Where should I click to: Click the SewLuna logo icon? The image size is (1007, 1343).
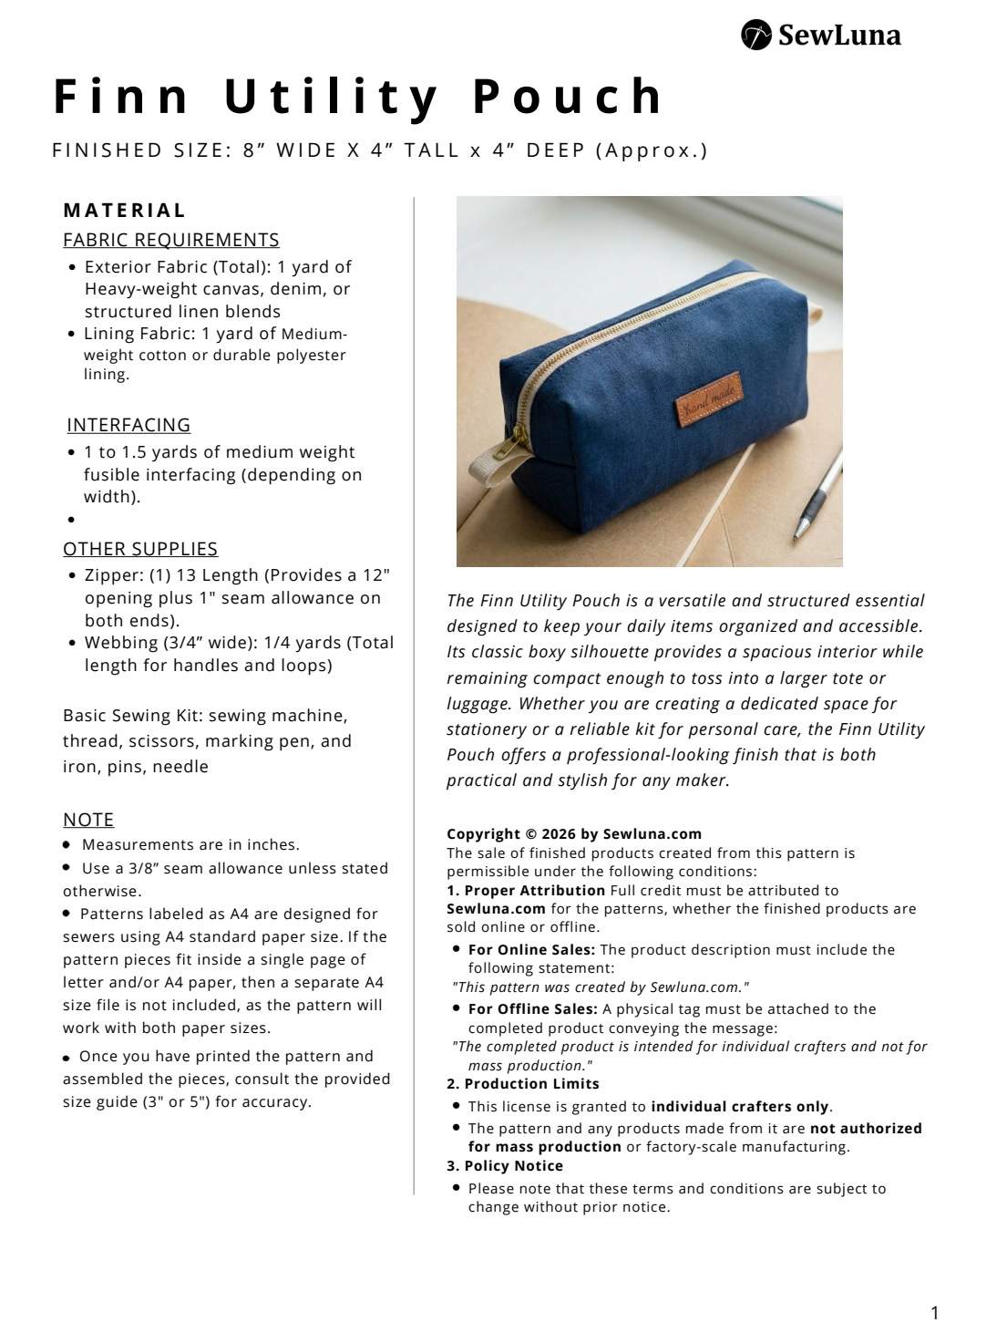756,35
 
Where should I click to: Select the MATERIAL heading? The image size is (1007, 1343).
125,210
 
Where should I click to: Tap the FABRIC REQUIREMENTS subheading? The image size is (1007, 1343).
171,240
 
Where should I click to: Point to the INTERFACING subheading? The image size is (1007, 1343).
128,425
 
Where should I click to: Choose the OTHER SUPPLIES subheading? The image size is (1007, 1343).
140,549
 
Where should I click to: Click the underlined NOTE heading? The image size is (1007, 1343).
88,819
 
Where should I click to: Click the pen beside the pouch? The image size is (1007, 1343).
814,498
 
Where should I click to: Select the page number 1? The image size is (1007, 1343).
934,1313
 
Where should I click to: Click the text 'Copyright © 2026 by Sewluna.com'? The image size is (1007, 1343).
574,833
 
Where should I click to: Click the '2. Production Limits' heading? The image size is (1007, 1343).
523,1084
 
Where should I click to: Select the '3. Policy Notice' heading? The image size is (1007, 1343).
505,1166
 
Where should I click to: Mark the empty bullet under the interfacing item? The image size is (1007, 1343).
70,520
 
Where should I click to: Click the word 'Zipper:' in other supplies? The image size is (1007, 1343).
114,575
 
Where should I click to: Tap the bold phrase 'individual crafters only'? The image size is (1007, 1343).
739,1107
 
